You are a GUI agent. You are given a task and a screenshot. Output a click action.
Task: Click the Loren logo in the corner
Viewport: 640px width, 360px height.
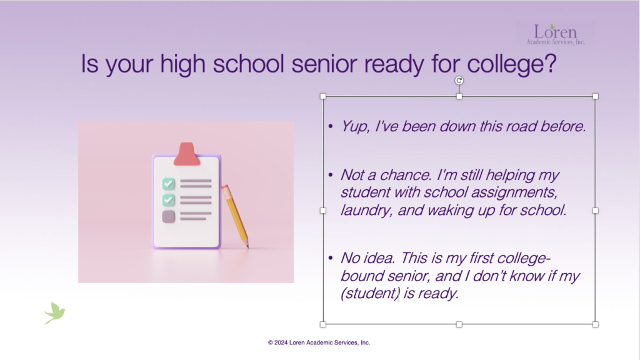coord(556,34)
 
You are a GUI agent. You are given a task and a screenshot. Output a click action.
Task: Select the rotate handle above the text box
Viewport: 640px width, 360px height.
coord(459,81)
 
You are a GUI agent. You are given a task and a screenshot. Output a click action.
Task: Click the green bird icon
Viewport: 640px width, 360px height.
coord(55,312)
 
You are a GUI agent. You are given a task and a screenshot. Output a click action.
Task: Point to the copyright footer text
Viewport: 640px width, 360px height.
coord(319,343)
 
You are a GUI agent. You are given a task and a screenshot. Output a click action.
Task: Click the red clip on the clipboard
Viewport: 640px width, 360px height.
coord(186,154)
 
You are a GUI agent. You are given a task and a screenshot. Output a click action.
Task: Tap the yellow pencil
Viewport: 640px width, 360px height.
coord(235,216)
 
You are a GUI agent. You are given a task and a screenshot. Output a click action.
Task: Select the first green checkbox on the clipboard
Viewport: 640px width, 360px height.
coord(169,184)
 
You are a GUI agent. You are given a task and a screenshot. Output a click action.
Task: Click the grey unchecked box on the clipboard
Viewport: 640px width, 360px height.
coord(169,216)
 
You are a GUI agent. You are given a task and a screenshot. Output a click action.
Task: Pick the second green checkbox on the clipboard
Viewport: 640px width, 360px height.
coord(169,200)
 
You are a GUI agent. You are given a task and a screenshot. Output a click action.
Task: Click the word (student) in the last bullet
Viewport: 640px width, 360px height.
coord(370,294)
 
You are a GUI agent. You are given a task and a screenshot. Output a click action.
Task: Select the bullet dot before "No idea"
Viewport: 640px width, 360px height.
coord(331,258)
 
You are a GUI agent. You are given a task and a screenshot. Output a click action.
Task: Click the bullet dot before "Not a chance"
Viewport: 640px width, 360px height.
coord(331,175)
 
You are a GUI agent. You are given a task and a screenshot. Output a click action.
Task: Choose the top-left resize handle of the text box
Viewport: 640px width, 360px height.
coord(323,96)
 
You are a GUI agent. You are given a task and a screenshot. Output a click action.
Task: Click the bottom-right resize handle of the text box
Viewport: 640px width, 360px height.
coord(596,324)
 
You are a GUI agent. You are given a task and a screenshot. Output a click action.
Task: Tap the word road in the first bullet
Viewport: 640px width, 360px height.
coord(521,126)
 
